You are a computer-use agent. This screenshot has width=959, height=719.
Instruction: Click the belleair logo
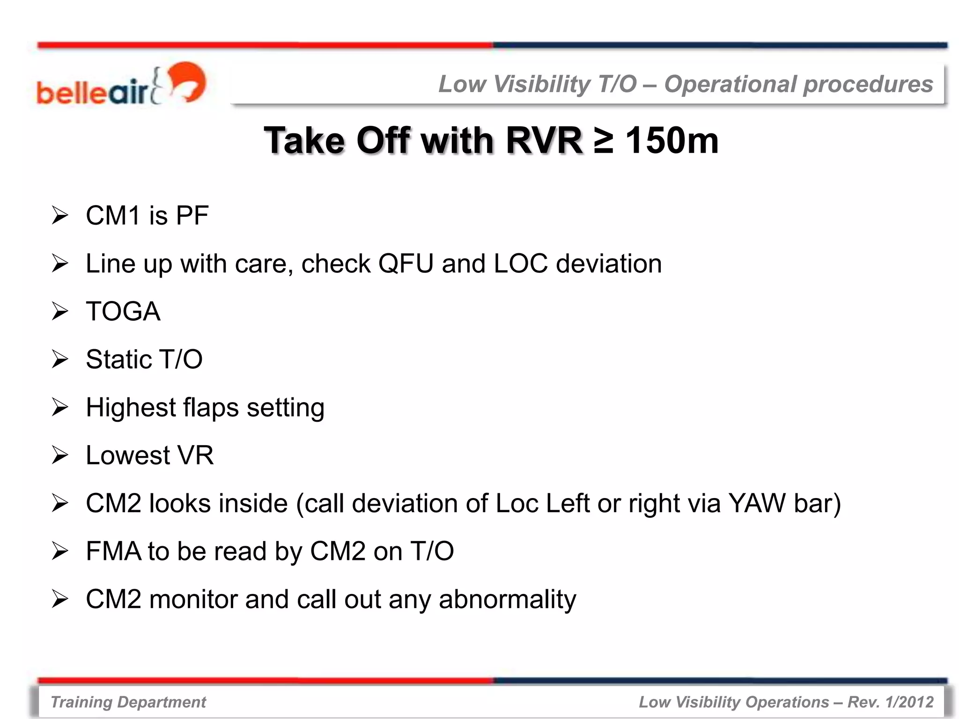(x=121, y=84)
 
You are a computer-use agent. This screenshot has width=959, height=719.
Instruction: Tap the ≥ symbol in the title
(x=603, y=140)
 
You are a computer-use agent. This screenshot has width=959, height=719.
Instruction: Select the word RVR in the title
(x=544, y=140)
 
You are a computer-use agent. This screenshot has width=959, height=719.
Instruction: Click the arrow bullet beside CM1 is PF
(x=60, y=216)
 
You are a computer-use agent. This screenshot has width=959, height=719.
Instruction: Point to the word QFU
(x=406, y=264)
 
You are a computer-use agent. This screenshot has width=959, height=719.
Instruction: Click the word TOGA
(x=123, y=312)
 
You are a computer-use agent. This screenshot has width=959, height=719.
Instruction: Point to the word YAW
(x=757, y=504)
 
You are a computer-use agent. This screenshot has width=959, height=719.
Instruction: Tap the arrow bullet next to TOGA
(x=60, y=312)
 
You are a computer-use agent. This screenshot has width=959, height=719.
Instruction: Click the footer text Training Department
(x=128, y=702)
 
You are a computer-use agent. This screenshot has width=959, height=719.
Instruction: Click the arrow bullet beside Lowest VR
(x=60, y=455)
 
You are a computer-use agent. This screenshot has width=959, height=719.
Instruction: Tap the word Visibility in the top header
(x=542, y=84)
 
